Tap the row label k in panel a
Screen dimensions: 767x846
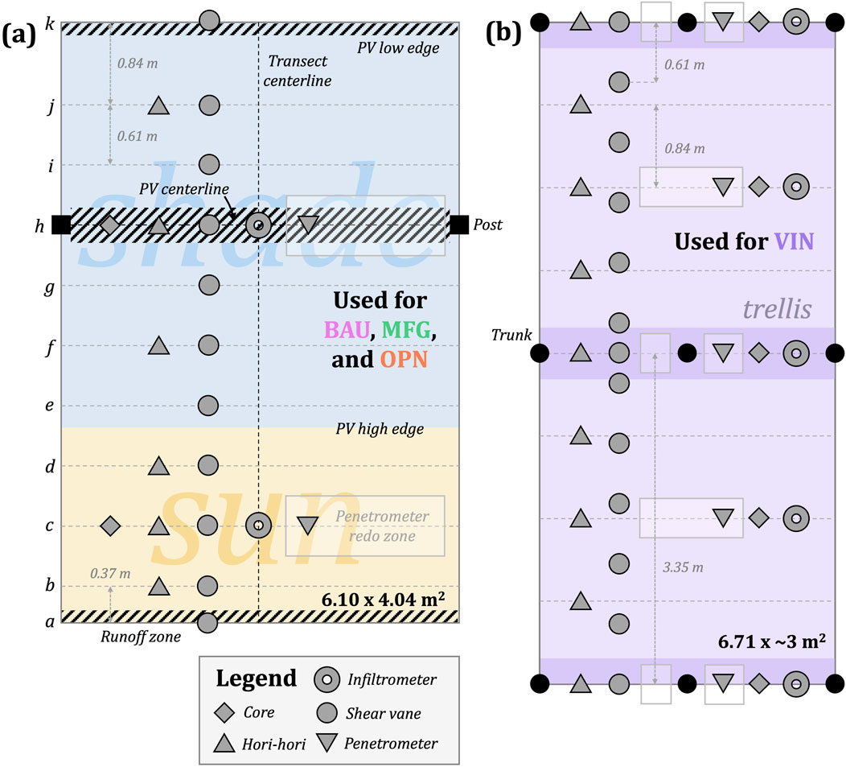pyautogui.click(x=50, y=23)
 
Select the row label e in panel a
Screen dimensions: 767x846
pyautogui.click(x=50, y=406)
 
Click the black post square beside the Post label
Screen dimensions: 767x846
pyautogui.click(x=460, y=225)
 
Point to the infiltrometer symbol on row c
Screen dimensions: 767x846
pyautogui.click(x=258, y=526)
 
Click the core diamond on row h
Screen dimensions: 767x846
pyautogui.click(x=109, y=225)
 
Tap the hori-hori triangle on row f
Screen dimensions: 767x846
pyautogui.click(x=159, y=346)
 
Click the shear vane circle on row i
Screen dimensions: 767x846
pyautogui.click(x=209, y=165)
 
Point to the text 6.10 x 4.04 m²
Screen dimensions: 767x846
pyautogui.click(x=390, y=598)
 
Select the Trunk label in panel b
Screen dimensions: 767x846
pyautogui.click(x=511, y=335)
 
